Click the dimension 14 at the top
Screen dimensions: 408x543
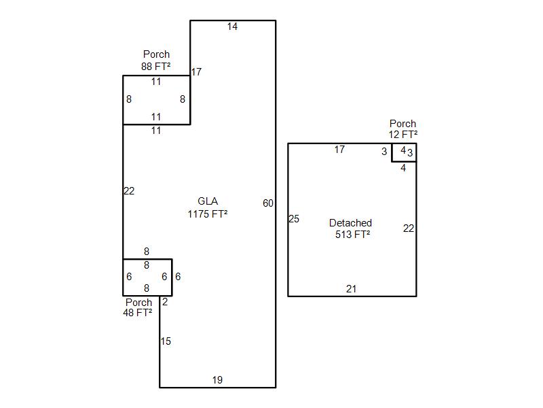(233, 27)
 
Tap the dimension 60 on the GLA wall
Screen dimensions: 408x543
(268, 203)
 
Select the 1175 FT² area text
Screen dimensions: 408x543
(208, 214)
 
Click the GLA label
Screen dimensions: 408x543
(208, 201)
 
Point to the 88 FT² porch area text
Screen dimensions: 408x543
(156, 67)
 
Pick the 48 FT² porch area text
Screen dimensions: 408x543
(137, 313)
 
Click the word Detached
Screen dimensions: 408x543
(350, 223)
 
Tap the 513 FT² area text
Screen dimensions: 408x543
(352, 235)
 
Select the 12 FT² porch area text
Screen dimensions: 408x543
(403, 135)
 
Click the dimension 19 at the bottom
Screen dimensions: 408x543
(217, 380)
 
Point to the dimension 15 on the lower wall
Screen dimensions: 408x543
(166, 341)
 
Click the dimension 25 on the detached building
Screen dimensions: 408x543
(294, 219)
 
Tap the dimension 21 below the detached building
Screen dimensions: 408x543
(351, 289)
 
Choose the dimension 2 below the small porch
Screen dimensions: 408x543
(165, 302)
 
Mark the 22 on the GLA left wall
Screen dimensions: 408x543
(129, 191)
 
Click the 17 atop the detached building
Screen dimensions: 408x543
(339, 150)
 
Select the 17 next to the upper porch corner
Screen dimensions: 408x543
(196, 72)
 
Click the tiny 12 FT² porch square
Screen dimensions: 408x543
(404, 152)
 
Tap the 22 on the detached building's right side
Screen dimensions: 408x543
(409, 228)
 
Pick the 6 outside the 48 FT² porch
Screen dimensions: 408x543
(178, 277)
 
